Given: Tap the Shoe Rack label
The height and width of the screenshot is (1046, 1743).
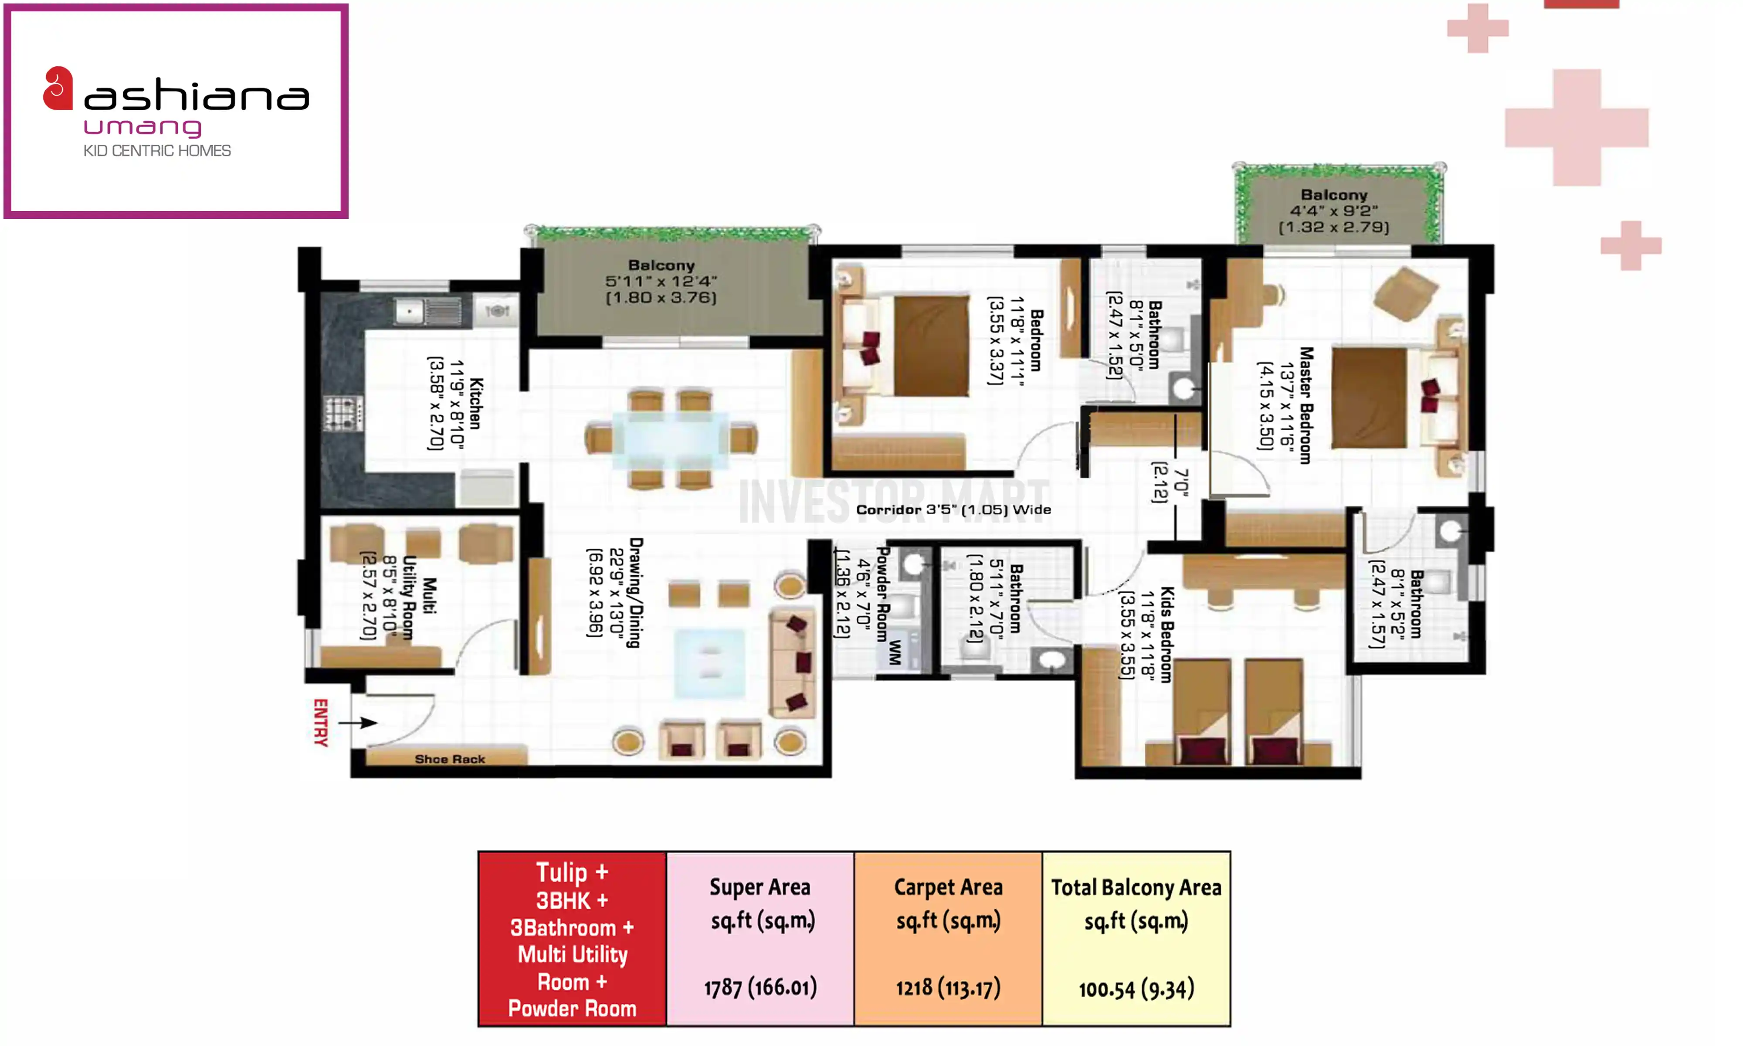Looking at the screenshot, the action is coord(450,759).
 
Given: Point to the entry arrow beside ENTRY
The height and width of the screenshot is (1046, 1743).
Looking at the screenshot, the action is coord(358,723).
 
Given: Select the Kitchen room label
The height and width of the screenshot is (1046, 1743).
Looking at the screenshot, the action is coord(476,403).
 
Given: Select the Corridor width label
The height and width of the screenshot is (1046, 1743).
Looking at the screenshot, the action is coord(953,509).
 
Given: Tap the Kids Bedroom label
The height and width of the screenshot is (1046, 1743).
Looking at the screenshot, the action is coord(1167,635).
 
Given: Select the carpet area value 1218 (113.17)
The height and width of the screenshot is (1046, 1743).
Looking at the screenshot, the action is coord(948,988).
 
